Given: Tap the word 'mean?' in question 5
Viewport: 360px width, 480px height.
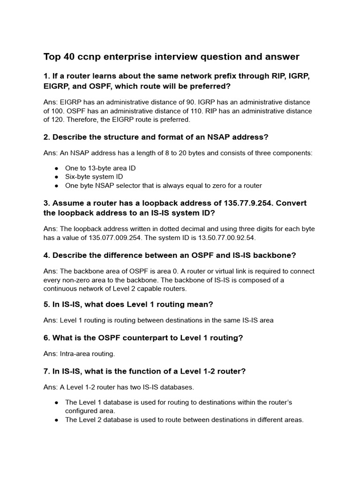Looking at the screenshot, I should [x=202, y=305].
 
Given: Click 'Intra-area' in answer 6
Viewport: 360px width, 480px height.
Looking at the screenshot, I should [x=75, y=354].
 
